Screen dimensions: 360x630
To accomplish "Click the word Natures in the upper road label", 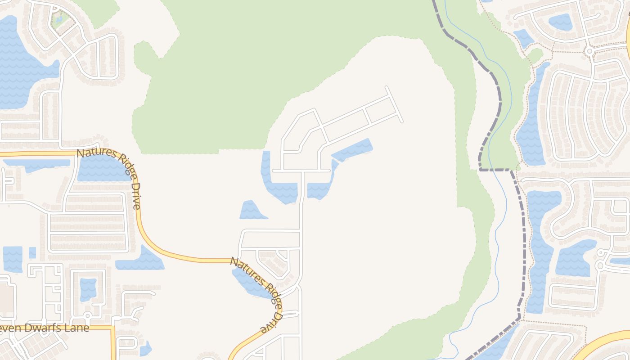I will (95, 154).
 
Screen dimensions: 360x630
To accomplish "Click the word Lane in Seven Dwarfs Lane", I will (78, 328).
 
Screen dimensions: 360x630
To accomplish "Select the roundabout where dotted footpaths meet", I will (589, 51).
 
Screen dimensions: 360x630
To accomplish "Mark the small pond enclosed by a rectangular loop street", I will (88, 288).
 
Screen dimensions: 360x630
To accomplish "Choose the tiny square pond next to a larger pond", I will (32, 252).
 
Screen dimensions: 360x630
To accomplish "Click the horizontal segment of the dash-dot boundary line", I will (495, 170).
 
